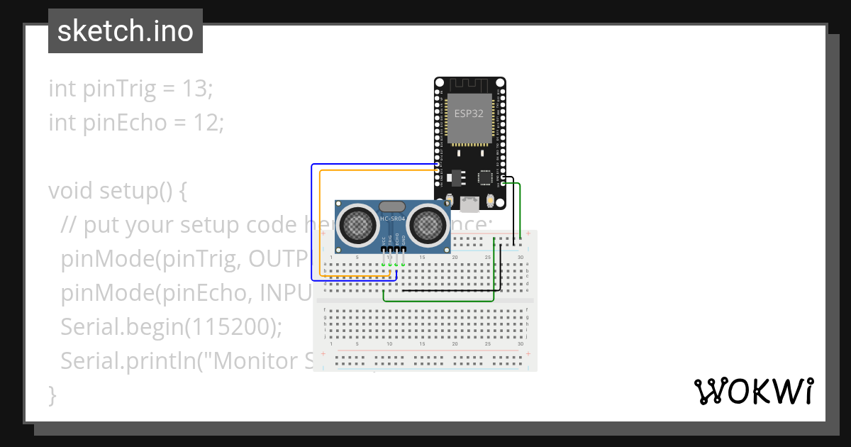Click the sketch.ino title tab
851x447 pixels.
[126, 31]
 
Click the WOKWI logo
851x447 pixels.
[753, 392]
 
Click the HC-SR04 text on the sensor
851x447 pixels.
[392, 219]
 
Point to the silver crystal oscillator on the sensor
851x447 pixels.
[392, 206]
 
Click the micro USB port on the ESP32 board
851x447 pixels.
[469, 205]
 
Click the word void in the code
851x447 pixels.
[71, 191]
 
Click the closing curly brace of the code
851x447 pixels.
[52, 395]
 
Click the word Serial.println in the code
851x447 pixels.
[125, 361]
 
